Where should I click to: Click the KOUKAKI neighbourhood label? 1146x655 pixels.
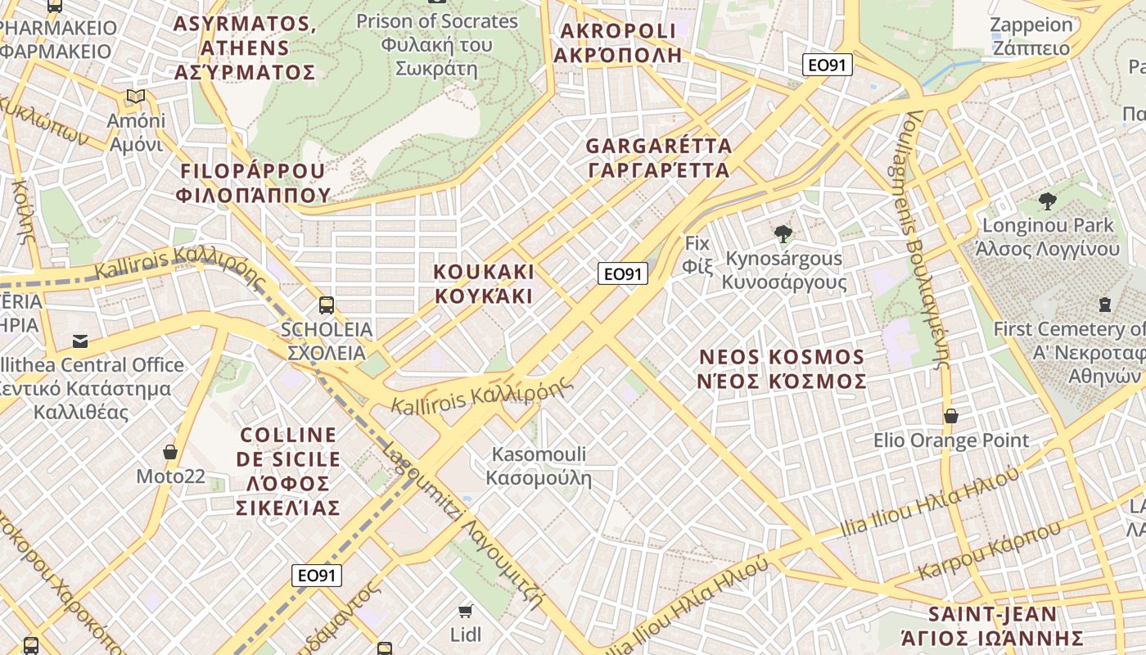tap(483, 283)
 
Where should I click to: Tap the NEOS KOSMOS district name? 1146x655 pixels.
tap(782, 369)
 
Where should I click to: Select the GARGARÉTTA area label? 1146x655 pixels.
tap(658, 158)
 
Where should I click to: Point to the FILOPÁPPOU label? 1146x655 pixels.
tap(252, 183)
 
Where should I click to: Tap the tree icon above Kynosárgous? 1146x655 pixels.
tap(783, 234)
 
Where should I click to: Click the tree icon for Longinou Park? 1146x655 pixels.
tap(1047, 201)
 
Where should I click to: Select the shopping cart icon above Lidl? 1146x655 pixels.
tap(466, 611)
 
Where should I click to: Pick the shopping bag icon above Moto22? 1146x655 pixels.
tap(170, 452)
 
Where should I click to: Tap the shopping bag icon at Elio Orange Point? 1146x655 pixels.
tap(950, 416)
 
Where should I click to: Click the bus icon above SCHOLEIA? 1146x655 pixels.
tap(326, 305)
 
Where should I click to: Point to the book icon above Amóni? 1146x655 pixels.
tap(136, 97)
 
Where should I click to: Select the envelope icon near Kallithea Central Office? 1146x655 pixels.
tap(80, 341)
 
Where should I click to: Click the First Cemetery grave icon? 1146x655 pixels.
tap(1105, 305)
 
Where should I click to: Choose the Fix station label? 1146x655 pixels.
tap(697, 254)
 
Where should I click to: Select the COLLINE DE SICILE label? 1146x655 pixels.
tap(287, 471)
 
